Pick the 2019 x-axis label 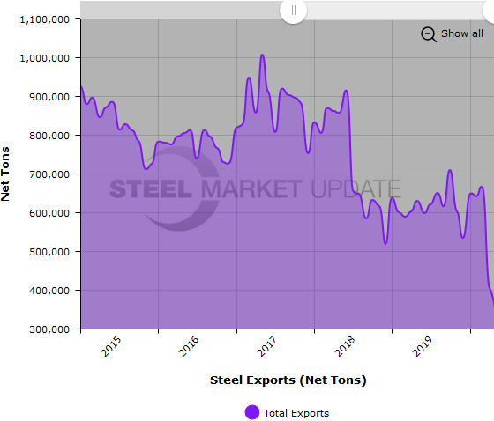[x=423, y=345]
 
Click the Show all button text [x=461, y=33]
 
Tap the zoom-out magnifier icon [x=429, y=33]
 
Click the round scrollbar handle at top [x=293, y=11]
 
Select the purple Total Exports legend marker [x=252, y=412]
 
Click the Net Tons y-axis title [x=7, y=174]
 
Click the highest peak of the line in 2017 [x=262, y=55]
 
